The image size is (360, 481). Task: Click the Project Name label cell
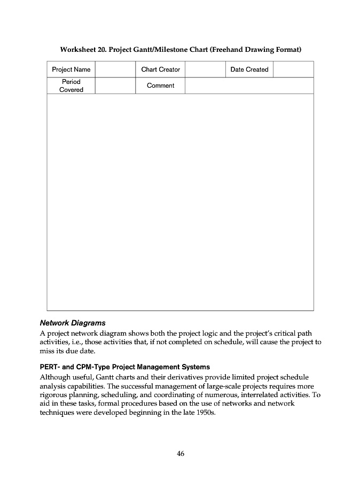(71, 69)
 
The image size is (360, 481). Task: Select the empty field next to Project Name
(115, 69)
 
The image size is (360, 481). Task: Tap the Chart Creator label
(160, 69)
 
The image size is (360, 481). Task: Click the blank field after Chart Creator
(205, 69)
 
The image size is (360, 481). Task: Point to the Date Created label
(249, 69)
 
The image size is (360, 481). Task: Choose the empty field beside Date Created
(293, 69)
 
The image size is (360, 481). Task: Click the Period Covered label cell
(71, 86)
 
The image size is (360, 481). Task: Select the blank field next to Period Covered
(115, 86)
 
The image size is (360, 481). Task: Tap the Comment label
(160, 86)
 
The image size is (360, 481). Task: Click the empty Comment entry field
(249, 86)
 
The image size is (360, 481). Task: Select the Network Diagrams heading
(73, 323)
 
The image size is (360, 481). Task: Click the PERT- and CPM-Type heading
(125, 367)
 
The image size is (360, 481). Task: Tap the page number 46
(180, 454)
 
